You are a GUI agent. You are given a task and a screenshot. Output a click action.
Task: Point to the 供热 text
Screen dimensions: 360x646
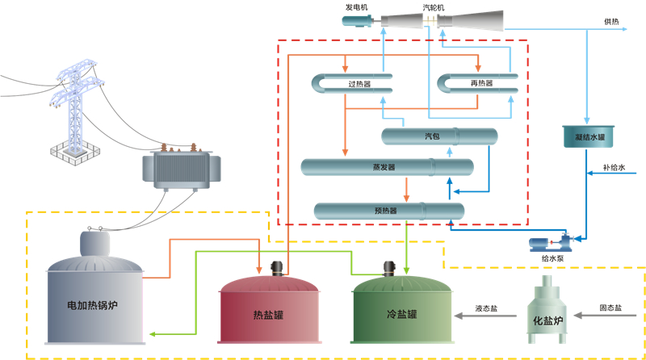pos(611,22)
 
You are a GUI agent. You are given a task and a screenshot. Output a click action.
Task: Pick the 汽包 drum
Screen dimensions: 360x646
pos(438,136)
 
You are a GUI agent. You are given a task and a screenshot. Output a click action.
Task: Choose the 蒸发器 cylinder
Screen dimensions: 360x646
pos(386,167)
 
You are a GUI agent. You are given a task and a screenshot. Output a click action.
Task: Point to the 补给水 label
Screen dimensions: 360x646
pos(614,170)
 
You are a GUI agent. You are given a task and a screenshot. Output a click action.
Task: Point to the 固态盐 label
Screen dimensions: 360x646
pos(610,308)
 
